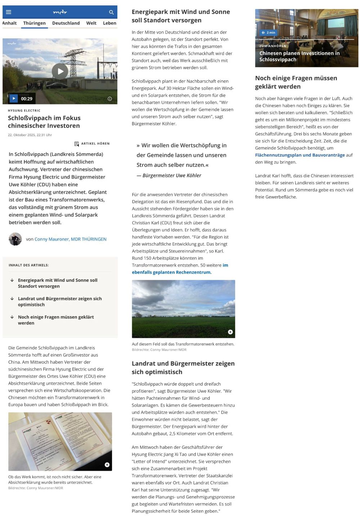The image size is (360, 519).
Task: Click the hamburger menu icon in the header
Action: [x=9, y=12]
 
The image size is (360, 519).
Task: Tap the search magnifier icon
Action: [x=111, y=12]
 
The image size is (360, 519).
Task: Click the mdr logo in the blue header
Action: [x=60, y=12]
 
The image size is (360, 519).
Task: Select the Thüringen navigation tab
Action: [x=34, y=23]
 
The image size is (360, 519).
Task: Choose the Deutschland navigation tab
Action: [x=66, y=23]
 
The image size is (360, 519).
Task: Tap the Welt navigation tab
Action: [x=91, y=23]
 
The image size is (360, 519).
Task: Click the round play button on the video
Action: [x=60, y=71]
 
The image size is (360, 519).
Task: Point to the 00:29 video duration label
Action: [x=27, y=99]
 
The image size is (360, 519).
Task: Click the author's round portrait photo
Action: [x=15, y=239]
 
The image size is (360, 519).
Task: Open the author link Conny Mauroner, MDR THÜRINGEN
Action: [x=70, y=239]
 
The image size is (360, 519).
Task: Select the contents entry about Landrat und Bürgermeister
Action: [x=60, y=301]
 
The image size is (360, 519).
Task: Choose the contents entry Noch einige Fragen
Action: [x=56, y=320]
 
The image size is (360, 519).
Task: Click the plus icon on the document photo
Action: [x=107, y=465]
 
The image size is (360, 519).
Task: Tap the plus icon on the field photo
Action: [x=230, y=332]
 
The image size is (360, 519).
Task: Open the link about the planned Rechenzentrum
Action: [x=171, y=272]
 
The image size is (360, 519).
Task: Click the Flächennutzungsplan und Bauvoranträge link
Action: [x=300, y=155]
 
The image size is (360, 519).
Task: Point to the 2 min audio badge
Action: [x=269, y=32]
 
